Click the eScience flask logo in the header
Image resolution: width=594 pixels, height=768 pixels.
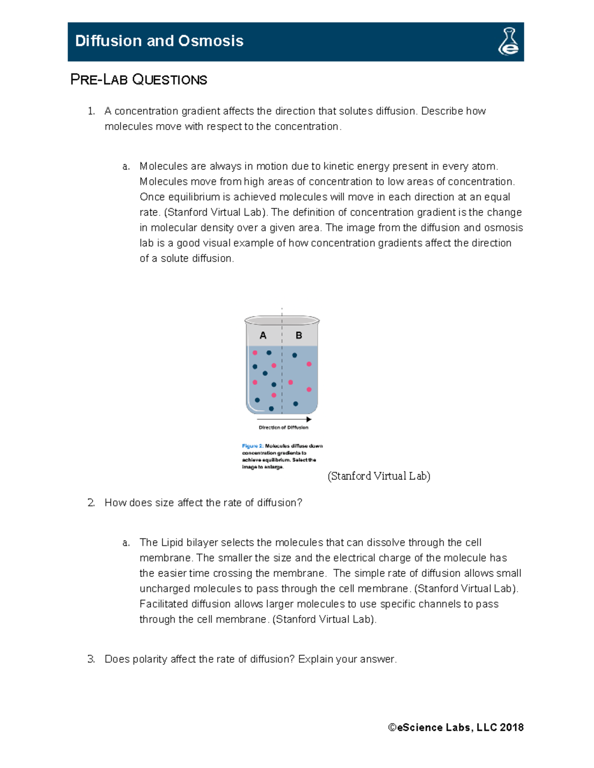click(508, 42)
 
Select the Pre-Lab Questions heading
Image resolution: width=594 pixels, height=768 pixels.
click(139, 80)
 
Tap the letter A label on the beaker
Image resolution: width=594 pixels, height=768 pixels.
click(263, 335)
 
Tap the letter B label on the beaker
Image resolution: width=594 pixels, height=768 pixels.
click(298, 335)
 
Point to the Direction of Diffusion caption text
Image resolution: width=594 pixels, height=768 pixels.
click(283, 427)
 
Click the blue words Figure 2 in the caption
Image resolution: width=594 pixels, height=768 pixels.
click(252, 446)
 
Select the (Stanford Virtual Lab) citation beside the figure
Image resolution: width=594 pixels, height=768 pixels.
click(379, 476)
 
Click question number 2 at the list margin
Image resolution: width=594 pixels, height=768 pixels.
click(91, 503)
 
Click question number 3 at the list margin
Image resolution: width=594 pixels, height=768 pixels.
click(91, 659)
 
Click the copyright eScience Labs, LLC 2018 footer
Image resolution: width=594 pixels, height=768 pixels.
click(456, 727)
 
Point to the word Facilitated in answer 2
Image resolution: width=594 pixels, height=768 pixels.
click(164, 604)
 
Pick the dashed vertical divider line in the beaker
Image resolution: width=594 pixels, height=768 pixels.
click(282, 376)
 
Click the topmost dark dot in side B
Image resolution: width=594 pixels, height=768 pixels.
click(295, 355)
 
